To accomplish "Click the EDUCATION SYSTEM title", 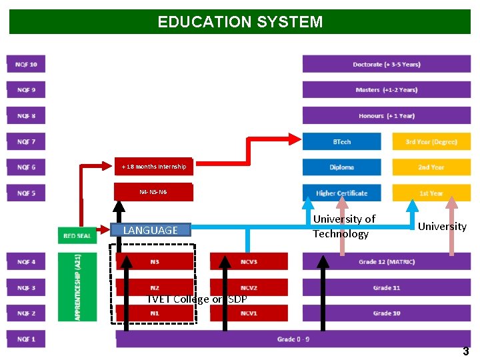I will click(240, 21).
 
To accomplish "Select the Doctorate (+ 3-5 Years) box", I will click(387, 65).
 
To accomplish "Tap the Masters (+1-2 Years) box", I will click(387, 90).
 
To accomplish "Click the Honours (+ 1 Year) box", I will click(387, 116).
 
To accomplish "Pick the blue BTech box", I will click(342, 141).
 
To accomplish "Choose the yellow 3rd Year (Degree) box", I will click(431, 141).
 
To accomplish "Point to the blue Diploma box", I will click(342, 167).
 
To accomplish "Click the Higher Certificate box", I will click(342, 193).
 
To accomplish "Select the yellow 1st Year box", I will click(431, 193).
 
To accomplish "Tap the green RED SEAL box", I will click(77, 236).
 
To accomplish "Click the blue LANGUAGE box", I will click(151, 231).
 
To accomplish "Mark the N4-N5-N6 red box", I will click(153, 192).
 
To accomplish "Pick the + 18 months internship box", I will click(153, 167).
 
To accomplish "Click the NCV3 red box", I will click(249, 262).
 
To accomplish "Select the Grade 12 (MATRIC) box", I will click(387, 262).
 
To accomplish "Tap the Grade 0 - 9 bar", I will click(293, 339).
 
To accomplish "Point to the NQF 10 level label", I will click(27, 65).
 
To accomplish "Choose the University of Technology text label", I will click(345, 226).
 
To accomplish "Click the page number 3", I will click(466, 351).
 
